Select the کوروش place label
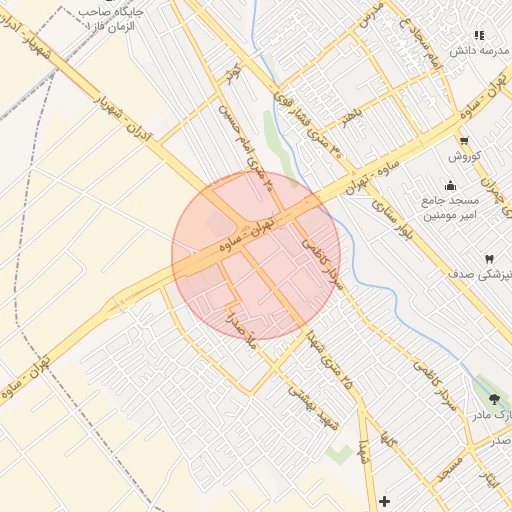pos(465,157)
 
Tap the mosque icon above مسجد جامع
pos(451,185)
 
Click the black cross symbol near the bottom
pos(385,500)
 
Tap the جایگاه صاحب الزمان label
pos(112,16)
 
